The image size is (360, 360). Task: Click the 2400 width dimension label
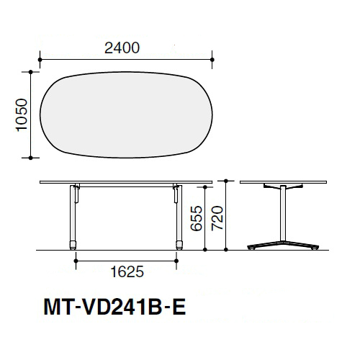click(122, 48)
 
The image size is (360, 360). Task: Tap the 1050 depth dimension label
click(22, 114)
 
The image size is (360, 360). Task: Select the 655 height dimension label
click(197, 218)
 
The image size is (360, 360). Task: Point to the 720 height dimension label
click(217, 218)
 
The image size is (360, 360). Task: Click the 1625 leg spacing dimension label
click(127, 271)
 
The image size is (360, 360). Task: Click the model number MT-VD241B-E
click(114, 307)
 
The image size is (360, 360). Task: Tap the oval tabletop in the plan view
click(126, 114)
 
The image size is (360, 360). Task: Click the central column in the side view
click(283, 213)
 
